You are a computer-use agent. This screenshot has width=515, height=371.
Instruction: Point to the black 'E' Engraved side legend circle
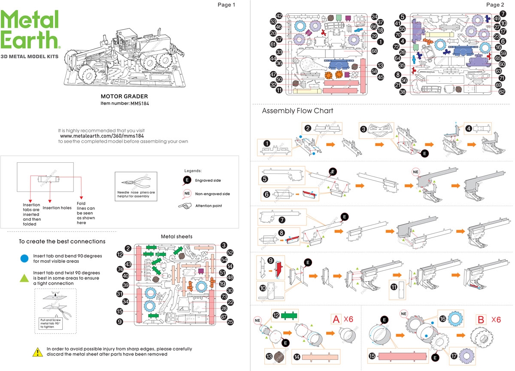tap(187, 180)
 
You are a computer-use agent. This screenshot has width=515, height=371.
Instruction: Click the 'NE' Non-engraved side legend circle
tap(187, 194)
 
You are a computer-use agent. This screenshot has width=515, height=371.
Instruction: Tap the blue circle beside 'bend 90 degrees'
tap(25, 258)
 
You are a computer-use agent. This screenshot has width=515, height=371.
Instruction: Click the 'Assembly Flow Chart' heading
tap(297, 111)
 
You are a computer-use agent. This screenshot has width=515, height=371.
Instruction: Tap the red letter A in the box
tap(336, 320)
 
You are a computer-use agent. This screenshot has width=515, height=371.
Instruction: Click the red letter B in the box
tap(482, 320)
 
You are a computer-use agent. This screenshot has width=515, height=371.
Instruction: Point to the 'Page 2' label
tap(495, 5)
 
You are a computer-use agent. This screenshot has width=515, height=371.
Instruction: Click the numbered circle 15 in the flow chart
tap(373, 356)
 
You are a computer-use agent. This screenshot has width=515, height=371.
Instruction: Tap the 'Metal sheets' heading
tap(176, 237)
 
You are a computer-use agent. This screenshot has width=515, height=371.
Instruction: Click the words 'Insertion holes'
tap(57, 208)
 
